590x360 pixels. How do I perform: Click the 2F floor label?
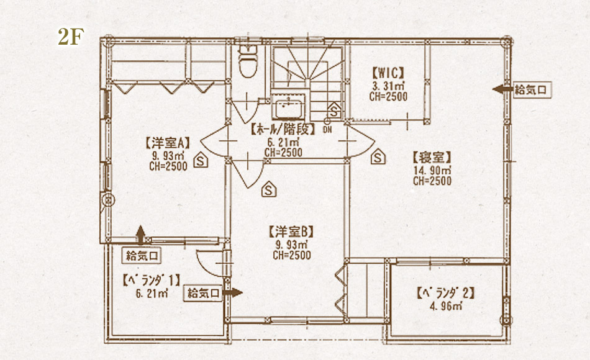tap(71, 37)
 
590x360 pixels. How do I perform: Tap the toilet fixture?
tap(248, 60)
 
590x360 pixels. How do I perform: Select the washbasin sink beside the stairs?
tap(288, 107)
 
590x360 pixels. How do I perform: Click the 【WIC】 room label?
tap(388, 72)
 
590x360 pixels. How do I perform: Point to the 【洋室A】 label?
tap(168, 143)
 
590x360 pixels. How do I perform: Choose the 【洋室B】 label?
tap(291, 232)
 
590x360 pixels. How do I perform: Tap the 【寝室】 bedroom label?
tap(432, 157)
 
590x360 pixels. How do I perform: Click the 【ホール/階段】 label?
tap(283, 129)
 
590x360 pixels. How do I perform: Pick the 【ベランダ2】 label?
tap(445, 293)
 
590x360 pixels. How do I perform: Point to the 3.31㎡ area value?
tap(388, 86)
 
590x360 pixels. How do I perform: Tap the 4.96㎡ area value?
tap(445, 306)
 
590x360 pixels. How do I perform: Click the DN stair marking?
tap(327, 130)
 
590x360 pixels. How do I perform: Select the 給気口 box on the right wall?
tap(530, 90)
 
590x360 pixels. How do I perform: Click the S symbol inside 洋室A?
tap(201, 160)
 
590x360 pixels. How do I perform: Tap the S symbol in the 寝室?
tap(378, 156)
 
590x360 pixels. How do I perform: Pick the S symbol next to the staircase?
tap(334, 110)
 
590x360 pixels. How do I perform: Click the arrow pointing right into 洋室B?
tap(232, 293)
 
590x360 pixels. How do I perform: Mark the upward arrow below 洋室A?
tap(140, 235)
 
